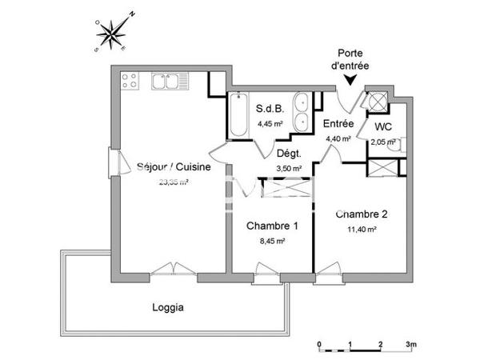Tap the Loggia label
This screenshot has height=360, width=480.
coord(168,307)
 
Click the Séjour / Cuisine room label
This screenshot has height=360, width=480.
coord(174,167)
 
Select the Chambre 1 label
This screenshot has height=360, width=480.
coord(272,226)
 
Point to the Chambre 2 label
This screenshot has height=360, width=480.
coord(361,214)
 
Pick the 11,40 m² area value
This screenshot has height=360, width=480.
coord(361,228)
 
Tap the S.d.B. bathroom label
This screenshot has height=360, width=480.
coord(270,109)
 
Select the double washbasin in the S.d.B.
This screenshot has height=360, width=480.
coord(302,112)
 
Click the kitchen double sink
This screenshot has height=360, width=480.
coord(166,81)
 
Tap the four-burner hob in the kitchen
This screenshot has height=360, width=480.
coord(130,80)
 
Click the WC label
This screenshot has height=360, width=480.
coord(383,127)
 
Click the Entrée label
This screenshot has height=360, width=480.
coord(339,124)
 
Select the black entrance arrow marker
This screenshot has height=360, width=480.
coord(350,78)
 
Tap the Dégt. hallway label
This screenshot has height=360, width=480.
coord(288,154)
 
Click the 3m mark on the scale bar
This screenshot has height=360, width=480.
coord(410,345)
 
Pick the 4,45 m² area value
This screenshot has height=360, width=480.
coord(271,124)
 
